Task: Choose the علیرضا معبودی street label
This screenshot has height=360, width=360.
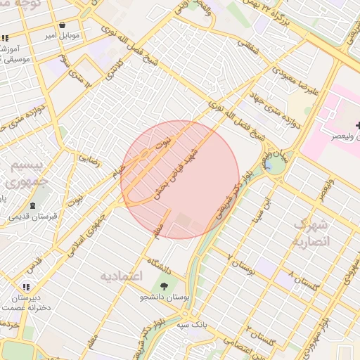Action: [280, 70]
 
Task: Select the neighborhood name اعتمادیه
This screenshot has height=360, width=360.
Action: [122, 274]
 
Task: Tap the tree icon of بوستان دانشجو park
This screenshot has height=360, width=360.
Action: [164, 286]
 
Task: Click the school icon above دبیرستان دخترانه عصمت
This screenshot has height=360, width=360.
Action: [26, 287]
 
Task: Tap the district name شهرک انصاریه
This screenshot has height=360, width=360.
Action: [311, 233]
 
